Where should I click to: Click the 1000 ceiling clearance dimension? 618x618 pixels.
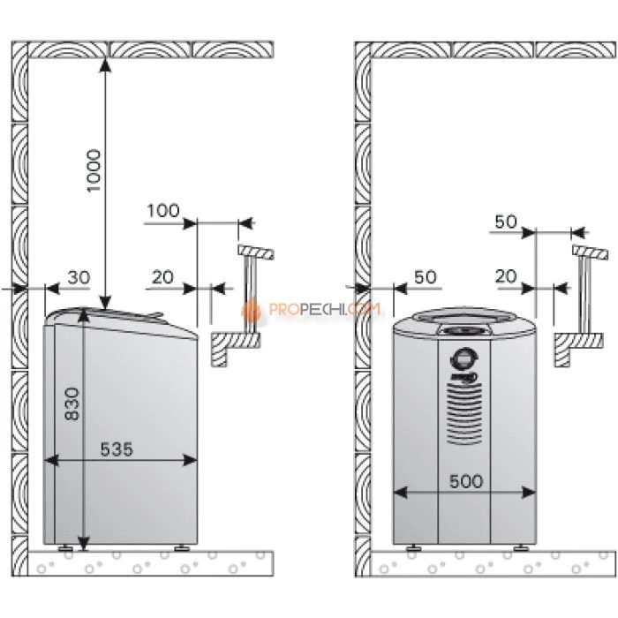(94, 170)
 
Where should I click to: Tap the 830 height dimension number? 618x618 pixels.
(72, 404)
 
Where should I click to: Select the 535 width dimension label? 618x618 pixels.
(117, 448)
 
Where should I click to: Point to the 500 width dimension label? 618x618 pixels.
(466, 481)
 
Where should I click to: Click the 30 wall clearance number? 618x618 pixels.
(79, 277)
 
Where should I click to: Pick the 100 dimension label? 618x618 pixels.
(163, 210)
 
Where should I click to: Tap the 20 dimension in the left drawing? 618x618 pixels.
(162, 277)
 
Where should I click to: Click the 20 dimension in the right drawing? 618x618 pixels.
(506, 276)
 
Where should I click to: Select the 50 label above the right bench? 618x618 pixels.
(506, 222)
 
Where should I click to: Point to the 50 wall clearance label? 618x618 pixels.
(426, 277)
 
